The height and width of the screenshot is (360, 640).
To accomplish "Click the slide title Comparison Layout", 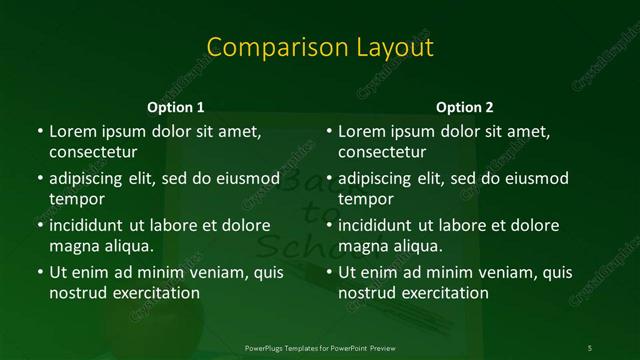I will [x=320, y=48].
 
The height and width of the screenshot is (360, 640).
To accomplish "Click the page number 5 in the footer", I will [x=590, y=347].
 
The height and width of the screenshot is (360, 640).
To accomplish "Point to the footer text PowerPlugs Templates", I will [x=290, y=347].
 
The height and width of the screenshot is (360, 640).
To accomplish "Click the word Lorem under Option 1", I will [x=73, y=131].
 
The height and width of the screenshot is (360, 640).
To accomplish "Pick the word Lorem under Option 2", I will [x=362, y=131].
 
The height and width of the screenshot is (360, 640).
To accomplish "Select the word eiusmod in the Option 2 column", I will [x=535, y=178].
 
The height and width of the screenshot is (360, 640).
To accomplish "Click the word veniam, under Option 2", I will [x=486, y=272].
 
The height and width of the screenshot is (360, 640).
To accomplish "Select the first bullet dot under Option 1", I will [x=39, y=132].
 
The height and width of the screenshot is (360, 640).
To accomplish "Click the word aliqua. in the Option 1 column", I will [x=128, y=246].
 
